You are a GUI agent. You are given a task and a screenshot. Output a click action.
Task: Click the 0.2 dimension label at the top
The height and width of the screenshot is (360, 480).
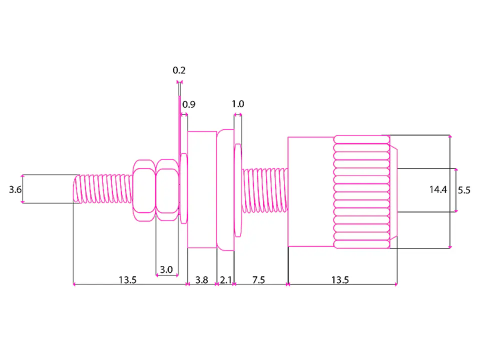[179, 70]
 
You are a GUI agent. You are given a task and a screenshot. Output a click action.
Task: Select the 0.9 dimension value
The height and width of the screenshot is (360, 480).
[189, 104]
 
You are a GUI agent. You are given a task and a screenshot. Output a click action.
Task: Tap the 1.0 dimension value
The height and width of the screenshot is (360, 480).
[238, 104]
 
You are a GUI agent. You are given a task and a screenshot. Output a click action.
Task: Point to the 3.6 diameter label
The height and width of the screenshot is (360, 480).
[15, 190]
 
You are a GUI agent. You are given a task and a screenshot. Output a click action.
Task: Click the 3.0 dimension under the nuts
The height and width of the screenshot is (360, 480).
[166, 269]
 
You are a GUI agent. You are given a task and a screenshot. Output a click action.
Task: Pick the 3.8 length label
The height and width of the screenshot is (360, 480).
[201, 280]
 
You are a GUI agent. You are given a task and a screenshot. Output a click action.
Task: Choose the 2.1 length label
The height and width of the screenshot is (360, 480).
[226, 280]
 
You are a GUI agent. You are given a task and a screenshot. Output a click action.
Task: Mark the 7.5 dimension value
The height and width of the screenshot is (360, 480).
[258, 280]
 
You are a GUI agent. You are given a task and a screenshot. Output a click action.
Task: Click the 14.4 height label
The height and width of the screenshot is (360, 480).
[438, 190]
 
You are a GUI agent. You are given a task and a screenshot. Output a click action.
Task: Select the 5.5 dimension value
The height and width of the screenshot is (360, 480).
[464, 190]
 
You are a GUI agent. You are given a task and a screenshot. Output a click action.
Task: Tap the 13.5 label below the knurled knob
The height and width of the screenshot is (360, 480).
[340, 280]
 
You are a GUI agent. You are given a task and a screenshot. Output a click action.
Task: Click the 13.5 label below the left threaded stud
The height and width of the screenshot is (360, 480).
[127, 280]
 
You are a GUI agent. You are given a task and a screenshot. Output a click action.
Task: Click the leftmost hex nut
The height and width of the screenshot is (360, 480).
[144, 190]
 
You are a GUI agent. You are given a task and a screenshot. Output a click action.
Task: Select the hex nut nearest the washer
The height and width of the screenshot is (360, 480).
[167, 190]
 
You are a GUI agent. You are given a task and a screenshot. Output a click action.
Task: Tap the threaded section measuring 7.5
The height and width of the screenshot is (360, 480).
[265, 190]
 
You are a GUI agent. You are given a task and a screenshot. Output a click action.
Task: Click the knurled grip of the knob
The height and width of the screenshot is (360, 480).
[361, 191]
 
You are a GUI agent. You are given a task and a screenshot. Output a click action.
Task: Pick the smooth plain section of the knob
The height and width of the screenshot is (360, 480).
[310, 191]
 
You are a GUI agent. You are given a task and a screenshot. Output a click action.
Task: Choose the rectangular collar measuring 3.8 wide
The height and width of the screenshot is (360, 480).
[202, 189]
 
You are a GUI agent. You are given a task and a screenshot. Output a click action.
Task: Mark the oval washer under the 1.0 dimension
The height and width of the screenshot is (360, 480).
[237, 190]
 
